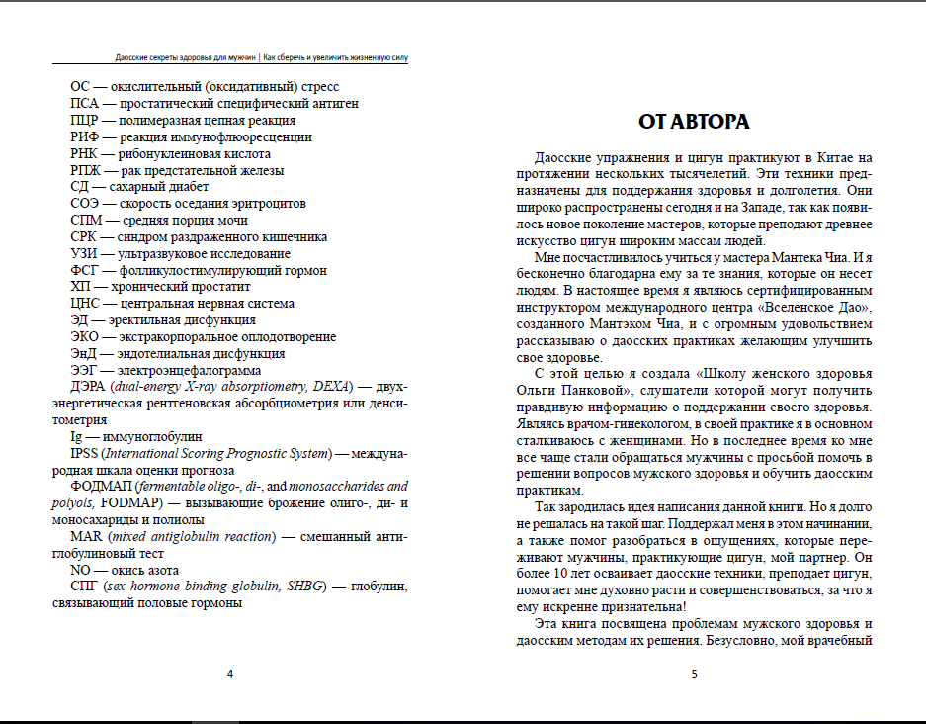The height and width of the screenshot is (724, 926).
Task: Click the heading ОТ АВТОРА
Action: click(694, 122)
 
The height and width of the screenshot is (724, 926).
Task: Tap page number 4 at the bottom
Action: click(230, 675)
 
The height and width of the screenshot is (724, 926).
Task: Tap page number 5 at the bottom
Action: click(694, 675)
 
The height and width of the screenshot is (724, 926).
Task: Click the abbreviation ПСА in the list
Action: click(84, 103)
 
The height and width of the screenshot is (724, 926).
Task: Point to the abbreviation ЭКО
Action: click(85, 336)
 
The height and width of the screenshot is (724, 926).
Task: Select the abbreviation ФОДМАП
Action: click(100, 487)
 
